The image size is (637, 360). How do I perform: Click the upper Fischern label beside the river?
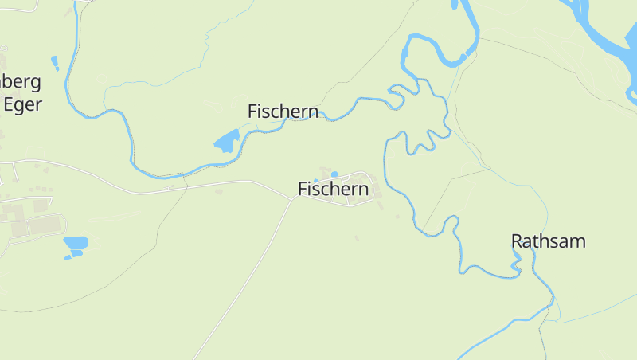(283, 112)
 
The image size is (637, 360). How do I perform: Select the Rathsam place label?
(548, 241)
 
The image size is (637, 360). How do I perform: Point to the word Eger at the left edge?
(22, 104)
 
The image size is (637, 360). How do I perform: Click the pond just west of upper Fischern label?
(226, 142)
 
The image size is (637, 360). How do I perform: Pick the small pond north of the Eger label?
(55, 62)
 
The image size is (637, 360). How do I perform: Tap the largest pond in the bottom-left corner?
(76, 243)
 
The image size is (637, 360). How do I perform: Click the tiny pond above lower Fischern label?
(334, 174)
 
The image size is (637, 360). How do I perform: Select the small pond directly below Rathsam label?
(517, 256)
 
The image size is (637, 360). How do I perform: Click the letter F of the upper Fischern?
(252, 112)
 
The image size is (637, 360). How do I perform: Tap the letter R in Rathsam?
(517, 241)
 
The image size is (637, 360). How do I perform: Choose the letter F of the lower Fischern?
(303, 189)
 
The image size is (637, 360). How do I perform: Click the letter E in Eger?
(10, 104)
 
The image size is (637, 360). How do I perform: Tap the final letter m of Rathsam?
(578, 241)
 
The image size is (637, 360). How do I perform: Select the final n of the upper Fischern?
(314, 112)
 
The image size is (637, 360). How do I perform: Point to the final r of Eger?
(37, 104)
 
